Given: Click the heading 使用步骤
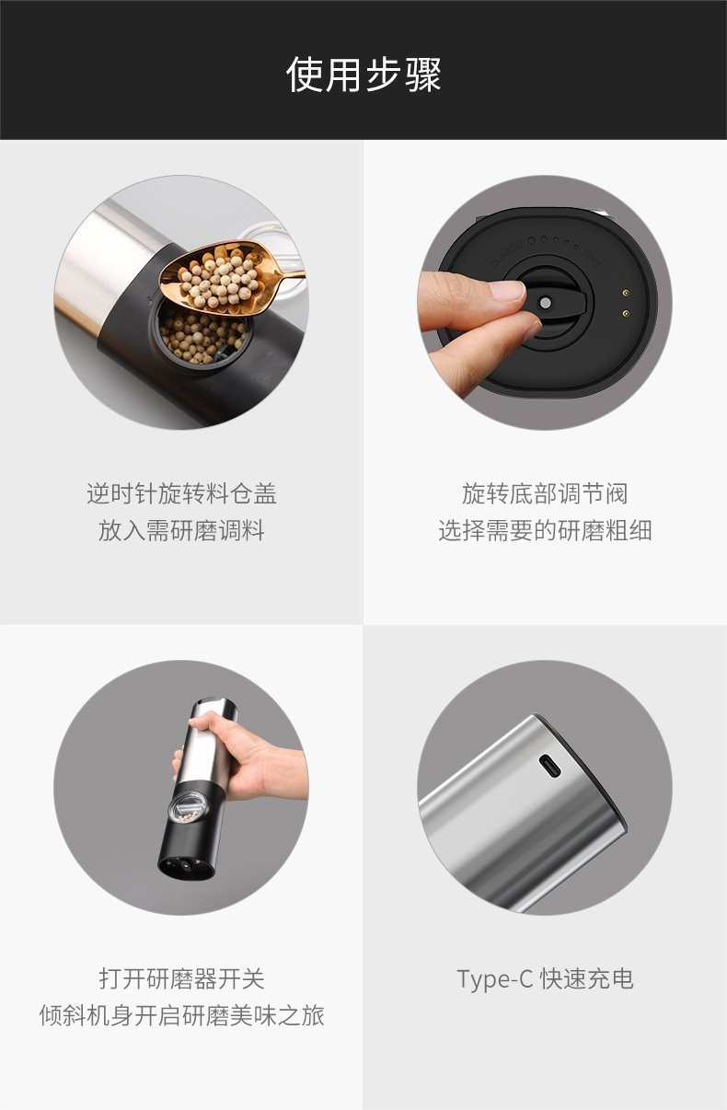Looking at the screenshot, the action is [363, 75].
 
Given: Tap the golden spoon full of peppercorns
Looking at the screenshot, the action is [223, 278].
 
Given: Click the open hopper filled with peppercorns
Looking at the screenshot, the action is [203, 333].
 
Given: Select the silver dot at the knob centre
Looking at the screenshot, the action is [546, 302].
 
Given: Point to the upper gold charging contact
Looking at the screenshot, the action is [626, 294].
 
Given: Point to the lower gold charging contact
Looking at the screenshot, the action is [626, 313].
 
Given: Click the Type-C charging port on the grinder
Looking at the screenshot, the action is [550, 766].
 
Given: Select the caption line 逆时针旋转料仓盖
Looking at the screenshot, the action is [181, 493].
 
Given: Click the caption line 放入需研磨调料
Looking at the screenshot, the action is [181, 531].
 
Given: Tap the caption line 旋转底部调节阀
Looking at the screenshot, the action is [545, 493].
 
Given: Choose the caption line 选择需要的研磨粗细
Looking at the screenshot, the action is [545, 531].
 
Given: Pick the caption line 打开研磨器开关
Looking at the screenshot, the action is [181, 979].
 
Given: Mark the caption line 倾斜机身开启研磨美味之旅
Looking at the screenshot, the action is [181, 1016].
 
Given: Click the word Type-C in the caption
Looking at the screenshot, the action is [494, 979].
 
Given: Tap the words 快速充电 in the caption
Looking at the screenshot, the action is [587, 979].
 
